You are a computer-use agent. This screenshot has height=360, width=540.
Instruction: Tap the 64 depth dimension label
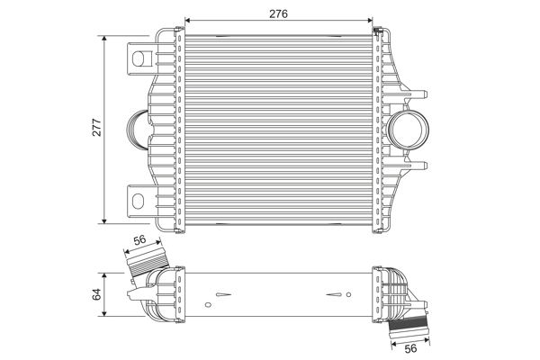(97, 293)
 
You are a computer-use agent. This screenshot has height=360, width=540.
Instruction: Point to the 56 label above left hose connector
(140, 240)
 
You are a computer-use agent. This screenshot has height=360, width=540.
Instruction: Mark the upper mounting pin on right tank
(422, 94)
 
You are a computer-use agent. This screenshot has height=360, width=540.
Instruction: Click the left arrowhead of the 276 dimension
(187, 19)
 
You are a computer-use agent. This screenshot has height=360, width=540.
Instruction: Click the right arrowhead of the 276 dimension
(372, 19)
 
